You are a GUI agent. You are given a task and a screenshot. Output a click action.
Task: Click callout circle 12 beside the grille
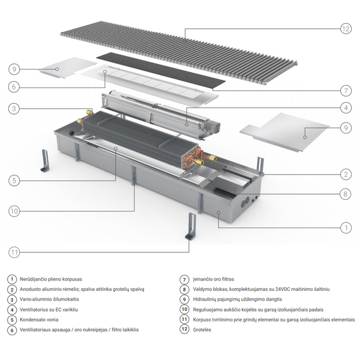point(346,29)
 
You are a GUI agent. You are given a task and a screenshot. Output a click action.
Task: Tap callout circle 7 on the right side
point(346,90)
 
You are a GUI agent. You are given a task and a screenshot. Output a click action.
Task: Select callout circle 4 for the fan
point(346,108)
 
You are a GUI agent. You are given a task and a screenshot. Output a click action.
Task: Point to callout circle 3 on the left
point(14,109)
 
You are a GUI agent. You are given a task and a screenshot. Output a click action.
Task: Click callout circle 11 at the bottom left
point(14,252)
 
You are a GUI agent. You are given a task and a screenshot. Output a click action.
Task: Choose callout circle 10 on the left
point(14,211)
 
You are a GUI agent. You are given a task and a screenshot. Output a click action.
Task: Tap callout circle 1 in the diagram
point(346,228)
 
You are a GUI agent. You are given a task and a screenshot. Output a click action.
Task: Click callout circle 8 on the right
point(345,194)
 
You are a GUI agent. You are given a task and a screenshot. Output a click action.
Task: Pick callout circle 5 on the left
point(14,180)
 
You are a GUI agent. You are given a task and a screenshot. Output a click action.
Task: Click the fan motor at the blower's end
point(212,127)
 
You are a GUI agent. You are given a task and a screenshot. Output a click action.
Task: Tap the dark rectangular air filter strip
point(161,71)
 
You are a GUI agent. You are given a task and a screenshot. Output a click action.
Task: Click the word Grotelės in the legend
point(202,329)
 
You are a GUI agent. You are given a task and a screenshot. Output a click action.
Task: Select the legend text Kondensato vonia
point(39,320)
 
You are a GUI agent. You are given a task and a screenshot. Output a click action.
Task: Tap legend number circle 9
point(184,300)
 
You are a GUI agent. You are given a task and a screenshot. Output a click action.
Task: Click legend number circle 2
point(12,289)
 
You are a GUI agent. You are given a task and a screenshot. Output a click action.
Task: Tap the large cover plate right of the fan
point(285,132)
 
